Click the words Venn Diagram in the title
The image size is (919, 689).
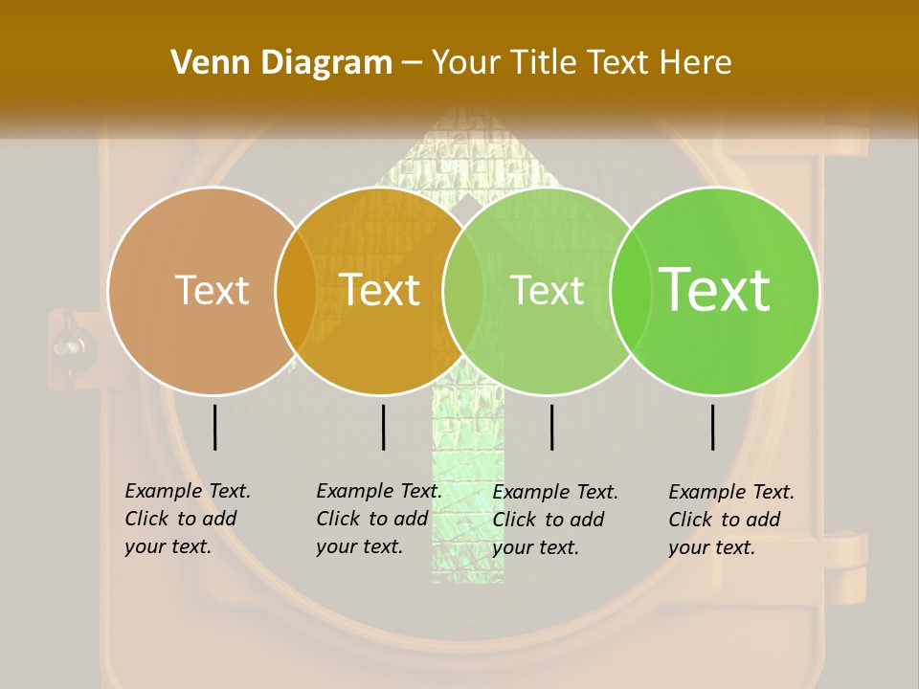pyautogui.click(x=281, y=63)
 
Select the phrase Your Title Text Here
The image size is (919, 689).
pyautogui.click(x=582, y=63)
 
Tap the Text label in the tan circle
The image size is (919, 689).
pyautogui.click(x=213, y=290)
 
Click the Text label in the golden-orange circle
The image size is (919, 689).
pyautogui.click(x=380, y=290)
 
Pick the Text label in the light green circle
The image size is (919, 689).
pyautogui.click(x=548, y=290)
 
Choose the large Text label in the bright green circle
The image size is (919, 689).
pyautogui.click(x=715, y=290)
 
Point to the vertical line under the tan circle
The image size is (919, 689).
pyautogui.click(x=215, y=427)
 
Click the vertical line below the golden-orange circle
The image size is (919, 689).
pyautogui.click(x=383, y=427)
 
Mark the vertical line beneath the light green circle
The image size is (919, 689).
pyautogui.click(x=552, y=427)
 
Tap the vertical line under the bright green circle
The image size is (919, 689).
pyautogui.click(x=713, y=427)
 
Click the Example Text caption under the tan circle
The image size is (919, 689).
pyautogui.click(x=188, y=519)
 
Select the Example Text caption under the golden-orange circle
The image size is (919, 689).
pyautogui.click(x=379, y=519)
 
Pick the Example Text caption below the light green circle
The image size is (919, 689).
pyautogui.click(x=555, y=520)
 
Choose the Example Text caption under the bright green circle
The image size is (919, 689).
pyautogui.click(x=731, y=520)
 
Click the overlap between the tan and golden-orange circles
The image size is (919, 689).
pyautogui.click(x=296, y=291)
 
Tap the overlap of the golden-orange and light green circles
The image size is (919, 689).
pyautogui.click(x=463, y=291)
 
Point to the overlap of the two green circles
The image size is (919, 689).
pyautogui.click(x=631, y=291)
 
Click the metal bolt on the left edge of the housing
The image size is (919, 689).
pyautogui.click(x=69, y=344)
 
